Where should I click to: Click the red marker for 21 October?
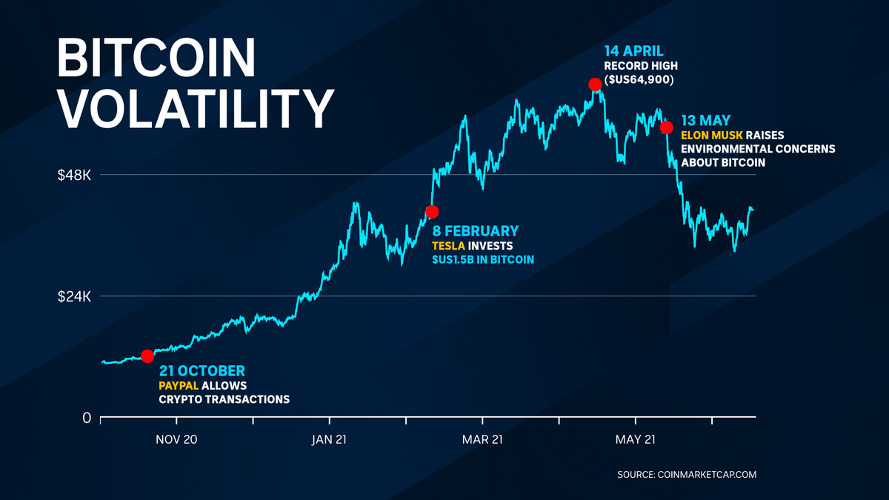click(x=147, y=356)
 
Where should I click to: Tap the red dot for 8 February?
click(x=433, y=212)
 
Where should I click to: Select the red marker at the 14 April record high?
click(x=594, y=84)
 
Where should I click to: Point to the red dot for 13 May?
click(x=666, y=127)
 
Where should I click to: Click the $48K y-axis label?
click(x=74, y=176)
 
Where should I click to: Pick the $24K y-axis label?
click(x=74, y=296)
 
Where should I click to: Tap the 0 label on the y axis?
click(x=86, y=418)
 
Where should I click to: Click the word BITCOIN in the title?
click(x=156, y=58)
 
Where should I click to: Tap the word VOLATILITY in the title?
click(x=196, y=109)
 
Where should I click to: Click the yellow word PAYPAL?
click(x=178, y=386)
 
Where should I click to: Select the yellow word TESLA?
click(x=449, y=246)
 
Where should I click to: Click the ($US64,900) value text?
click(x=642, y=79)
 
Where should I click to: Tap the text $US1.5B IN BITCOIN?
click(x=482, y=260)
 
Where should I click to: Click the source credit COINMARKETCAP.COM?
click(x=707, y=475)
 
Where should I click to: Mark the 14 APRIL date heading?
click(x=635, y=52)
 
